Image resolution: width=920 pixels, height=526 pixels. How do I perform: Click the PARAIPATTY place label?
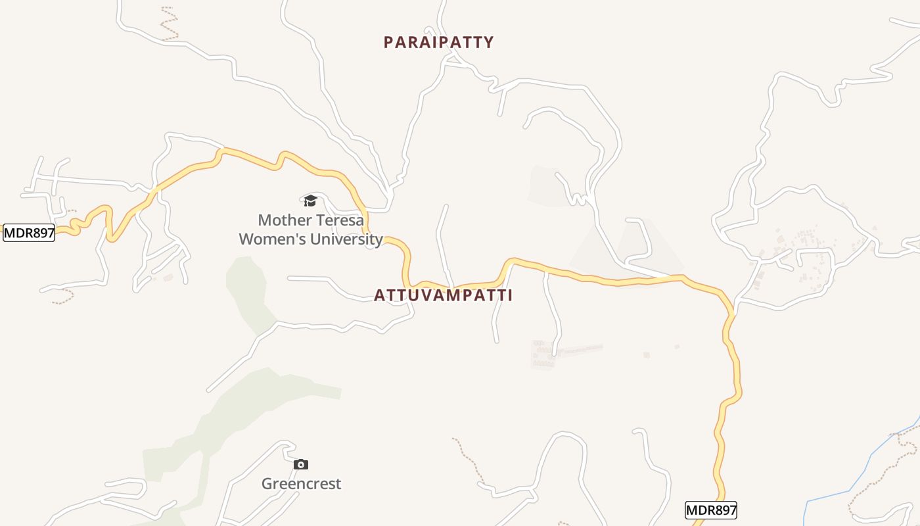(438, 43)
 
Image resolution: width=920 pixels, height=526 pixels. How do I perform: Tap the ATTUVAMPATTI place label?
(443, 296)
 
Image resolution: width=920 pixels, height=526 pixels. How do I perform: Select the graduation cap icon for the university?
(310, 201)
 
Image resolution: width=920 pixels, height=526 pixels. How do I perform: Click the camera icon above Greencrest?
(301, 465)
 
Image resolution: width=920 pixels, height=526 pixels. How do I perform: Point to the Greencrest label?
(301, 484)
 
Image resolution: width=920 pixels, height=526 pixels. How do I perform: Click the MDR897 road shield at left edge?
(29, 233)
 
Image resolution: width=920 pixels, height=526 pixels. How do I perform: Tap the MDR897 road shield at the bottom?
(711, 510)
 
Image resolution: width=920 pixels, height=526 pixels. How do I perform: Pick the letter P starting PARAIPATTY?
(388, 43)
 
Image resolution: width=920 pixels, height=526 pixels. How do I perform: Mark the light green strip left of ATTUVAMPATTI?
(246, 289)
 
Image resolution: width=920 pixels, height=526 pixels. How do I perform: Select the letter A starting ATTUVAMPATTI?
(379, 296)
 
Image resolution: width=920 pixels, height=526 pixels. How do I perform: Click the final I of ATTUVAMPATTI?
(510, 296)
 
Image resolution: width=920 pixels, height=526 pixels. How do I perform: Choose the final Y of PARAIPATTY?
(488, 43)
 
